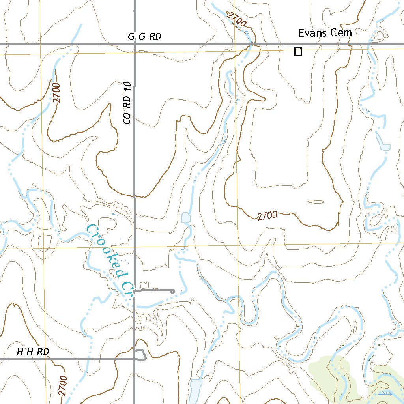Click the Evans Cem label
(324, 33)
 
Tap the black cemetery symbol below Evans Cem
(298, 51)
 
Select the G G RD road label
(144, 37)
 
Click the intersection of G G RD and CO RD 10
(135, 44)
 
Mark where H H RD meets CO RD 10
(135, 359)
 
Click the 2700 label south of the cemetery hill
(267, 216)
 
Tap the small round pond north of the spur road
(186, 217)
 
